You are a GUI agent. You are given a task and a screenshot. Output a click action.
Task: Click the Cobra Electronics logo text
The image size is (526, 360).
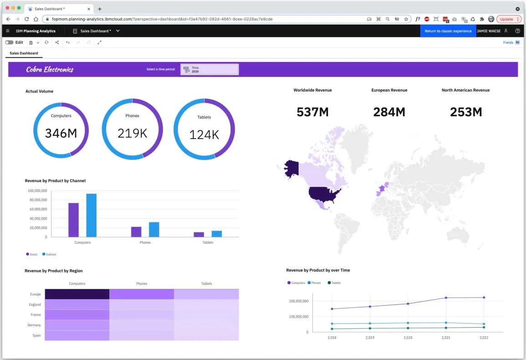[x=50, y=69]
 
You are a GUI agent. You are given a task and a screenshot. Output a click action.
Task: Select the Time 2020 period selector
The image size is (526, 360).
[x=209, y=69]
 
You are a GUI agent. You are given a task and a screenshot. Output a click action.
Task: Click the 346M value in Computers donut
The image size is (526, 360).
[x=61, y=133]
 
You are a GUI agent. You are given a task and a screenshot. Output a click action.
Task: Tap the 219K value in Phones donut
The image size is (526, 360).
[x=132, y=133]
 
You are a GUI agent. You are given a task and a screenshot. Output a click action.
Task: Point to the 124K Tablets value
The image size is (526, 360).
[x=204, y=134]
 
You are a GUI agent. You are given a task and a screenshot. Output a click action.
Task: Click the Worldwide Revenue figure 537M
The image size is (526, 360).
[x=312, y=112]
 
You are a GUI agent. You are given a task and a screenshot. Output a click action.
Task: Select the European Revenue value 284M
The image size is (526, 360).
[x=389, y=112]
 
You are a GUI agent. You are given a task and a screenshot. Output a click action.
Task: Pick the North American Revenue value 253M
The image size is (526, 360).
[x=465, y=112]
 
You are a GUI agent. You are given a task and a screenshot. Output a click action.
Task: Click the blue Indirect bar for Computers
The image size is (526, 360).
[x=92, y=215]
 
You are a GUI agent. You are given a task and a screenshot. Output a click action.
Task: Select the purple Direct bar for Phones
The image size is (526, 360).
[x=136, y=231]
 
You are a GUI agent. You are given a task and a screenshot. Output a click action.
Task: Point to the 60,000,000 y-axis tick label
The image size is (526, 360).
[x=37, y=209]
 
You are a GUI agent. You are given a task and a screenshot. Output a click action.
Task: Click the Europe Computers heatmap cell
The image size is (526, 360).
[x=77, y=294]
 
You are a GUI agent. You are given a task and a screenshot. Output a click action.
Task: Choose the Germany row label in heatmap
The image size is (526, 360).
[x=35, y=325]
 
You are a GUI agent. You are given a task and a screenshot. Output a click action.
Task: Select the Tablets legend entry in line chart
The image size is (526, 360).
[x=336, y=283]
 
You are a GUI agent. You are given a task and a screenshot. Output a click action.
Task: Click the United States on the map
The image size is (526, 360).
[x=324, y=193]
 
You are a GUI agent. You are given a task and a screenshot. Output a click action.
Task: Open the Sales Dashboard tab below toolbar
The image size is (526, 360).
[x=24, y=53]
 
